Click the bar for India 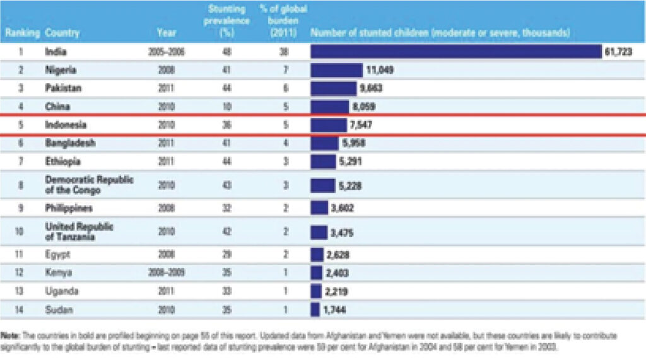pyautogui.click(x=455, y=52)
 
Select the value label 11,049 pyautogui.click(x=379, y=71)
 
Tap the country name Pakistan pyautogui.click(x=63, y=89)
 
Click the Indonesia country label pyautogui.click(x=66, y=125)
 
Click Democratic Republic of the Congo pyautogui.click(x=89, y=185)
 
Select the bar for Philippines pyautogui.click(x=319, y=208)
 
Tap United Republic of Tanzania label pyautogui.click(x=79, y=231)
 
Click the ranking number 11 pyautogui.click(x=20, y=255)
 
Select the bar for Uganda pyautogui.click(x=316, y=291)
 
